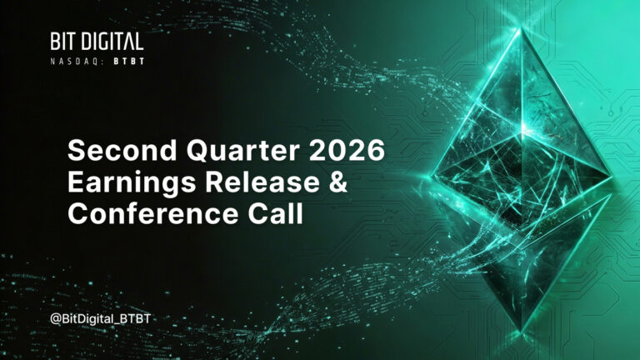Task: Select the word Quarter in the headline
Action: (x=243, y=151)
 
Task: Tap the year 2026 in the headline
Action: (x=347, y=150)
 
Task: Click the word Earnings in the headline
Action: (x=132, y=182)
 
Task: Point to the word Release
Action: (x=262, y=182)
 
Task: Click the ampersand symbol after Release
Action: (x=337, y=182)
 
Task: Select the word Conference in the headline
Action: (x=153, y=213)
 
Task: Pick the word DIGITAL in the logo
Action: (x=112, y=42)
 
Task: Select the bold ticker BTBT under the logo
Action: (x=129, y=62)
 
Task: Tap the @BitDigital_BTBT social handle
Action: (x=100, y=319)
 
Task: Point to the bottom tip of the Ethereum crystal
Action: (x=521, y=331)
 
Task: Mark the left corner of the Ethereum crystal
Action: (x=432, y=177)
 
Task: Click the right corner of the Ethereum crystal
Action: (x=612, y=176)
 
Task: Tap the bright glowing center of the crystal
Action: (x=522, y=132)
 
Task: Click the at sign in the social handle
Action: (x=56, y=319)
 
